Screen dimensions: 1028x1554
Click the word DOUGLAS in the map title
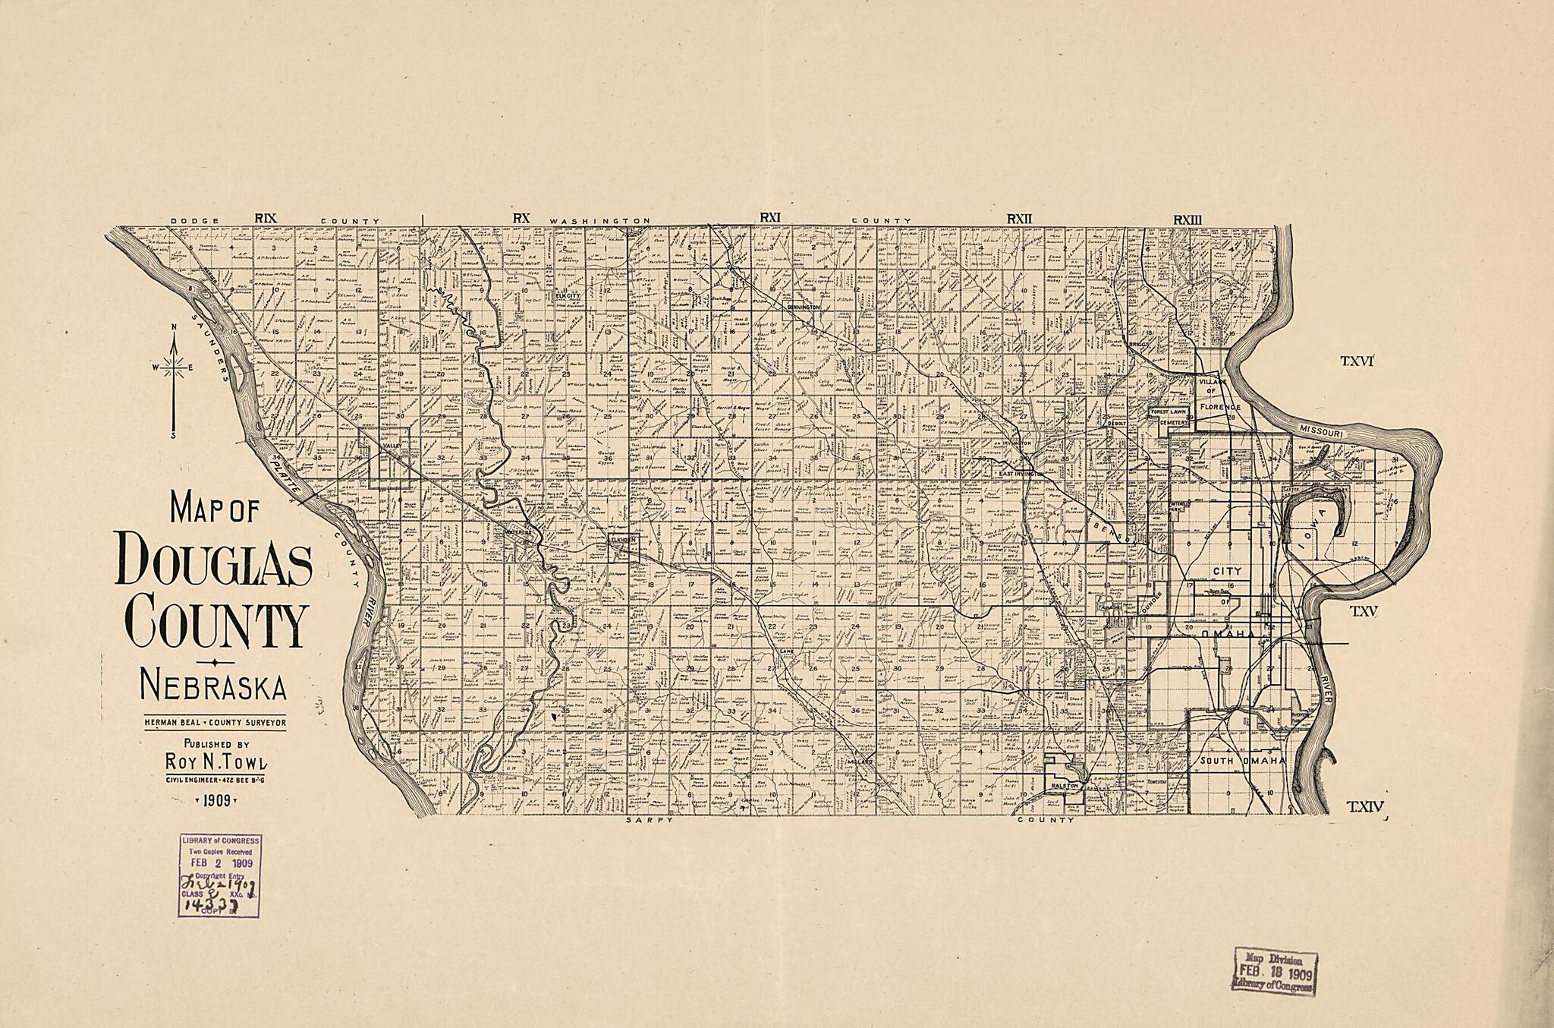[x=213, y=560]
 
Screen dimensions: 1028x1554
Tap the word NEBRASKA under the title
[x=213, y=687]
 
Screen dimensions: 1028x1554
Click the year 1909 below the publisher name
[x=216, y=799]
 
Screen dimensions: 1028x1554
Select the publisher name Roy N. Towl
[x=215, y=762]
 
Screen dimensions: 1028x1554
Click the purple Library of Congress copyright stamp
[x=220, y=875]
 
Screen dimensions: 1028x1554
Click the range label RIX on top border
[x=266, y=219]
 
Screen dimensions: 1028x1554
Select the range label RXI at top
[x=771, y=219]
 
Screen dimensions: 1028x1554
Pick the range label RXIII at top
[x=1188, y=219]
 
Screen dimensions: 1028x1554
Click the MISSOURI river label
[x=1322, y=430]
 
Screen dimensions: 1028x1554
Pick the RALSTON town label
[x=1065, y=787]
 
